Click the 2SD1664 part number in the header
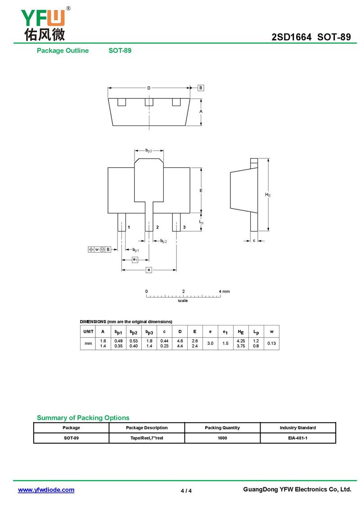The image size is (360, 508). coord(291,37)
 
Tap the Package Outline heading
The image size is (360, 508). coord(63,51)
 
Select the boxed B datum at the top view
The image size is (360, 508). coord(201,88)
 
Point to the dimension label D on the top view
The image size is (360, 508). coord(149,88)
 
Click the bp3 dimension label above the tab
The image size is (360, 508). coord(148,151)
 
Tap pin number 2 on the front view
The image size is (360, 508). coord(157,228)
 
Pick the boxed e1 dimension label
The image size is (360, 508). coord(135,260)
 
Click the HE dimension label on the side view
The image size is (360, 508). coord(268,195)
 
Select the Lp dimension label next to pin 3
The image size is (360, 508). coord(202,222)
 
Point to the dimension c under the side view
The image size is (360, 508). coord(254,241)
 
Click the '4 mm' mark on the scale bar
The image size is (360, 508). coord(225,291)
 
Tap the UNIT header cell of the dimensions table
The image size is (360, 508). coord(88,332)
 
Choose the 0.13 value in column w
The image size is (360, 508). coord(271,343)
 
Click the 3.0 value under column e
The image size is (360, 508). coord(210,343)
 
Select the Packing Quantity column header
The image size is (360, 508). coord(222,428)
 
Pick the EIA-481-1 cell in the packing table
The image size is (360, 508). coord(298,438)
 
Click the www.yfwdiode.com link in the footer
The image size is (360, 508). coord(46,490)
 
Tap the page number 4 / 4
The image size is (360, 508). coord(186,490)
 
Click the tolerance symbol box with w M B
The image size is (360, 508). coord(99,249)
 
